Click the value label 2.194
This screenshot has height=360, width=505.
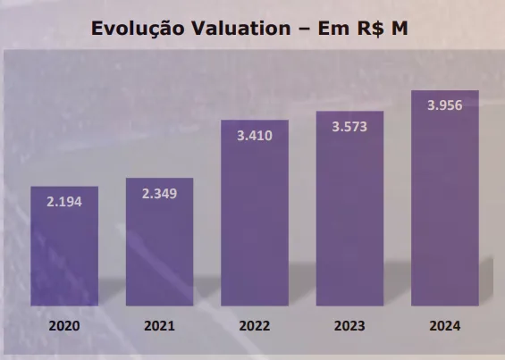[64, 202]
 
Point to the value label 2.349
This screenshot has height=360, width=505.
[159, 194]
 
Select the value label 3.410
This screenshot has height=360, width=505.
[255, 136]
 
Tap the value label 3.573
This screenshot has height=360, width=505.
[349, 126]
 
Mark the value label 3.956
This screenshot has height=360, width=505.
[444, 105]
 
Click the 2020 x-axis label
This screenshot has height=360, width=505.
[64, 326]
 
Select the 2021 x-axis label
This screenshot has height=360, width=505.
[159, 326]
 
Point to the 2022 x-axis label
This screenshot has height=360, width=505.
[255, 326]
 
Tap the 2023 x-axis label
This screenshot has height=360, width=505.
[349, 326]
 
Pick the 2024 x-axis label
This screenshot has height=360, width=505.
[444, 326]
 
